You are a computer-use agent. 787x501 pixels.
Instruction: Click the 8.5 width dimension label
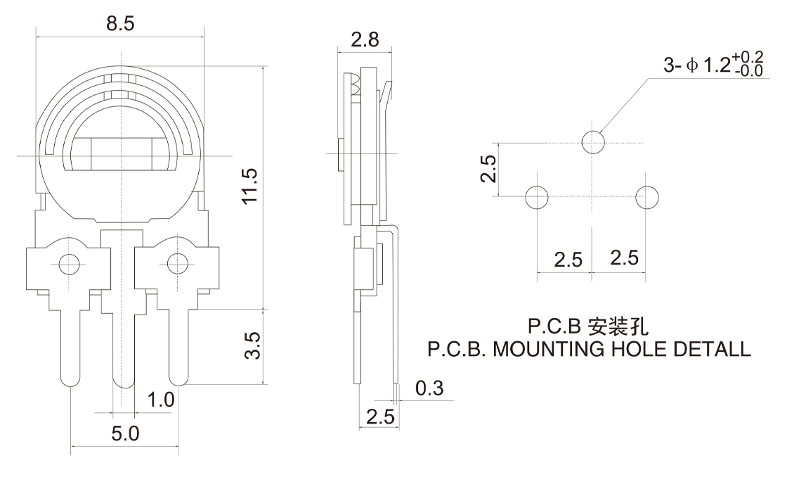[x=120, y=23]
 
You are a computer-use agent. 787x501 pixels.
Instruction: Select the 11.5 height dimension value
[x=249, y=186]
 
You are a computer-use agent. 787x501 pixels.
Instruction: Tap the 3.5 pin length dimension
[x=253, y=345]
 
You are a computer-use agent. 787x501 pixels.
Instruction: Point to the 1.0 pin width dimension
[x=161, y=400]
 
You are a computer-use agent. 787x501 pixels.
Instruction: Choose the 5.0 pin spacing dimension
[x=125, y=433]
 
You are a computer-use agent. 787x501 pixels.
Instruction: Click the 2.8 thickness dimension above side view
[x=365, y=39]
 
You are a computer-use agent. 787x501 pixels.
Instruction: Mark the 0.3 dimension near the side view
[x=429, y=388]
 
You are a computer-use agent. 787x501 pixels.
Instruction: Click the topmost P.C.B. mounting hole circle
[x=593, y=143]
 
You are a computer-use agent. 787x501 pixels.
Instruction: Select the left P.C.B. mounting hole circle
[x=537, y=197]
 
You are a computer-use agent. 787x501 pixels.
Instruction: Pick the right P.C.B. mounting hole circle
[x=647, y=197]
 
